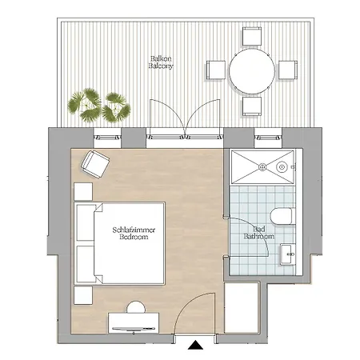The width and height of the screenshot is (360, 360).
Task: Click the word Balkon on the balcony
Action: pyautogui.click(x=161, y=58)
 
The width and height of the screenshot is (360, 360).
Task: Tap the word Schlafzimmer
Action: pyautogui.click(x=134, y=230)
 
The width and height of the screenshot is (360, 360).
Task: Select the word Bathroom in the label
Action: pyautogui.click(x=258, y=236)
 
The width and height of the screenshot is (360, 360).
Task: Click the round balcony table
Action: pyautogui.click(x=252, y=70)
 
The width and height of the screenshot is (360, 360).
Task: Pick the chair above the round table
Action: pyautogui.click(x=252, y=36)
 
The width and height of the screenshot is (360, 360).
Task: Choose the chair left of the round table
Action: pyautogui.click(x=216, y=70)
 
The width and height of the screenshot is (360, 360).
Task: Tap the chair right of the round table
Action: pyautogui.click(x=288, y=70)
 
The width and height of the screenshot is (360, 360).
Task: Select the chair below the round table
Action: pyautogui.click(x=252, y=106)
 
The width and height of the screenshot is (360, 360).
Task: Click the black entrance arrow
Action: pyautogui.click(x=195, y=345)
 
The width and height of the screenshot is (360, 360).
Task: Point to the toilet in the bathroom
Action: pyautogui.click(x=282, y=216)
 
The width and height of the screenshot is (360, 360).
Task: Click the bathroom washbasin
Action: pyautogui.click(x=287, y=254)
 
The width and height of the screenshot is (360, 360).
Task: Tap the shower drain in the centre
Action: pyautogui.click(x=262, y=167)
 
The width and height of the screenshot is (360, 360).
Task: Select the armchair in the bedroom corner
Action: pyautogui.click(x=95, y=164)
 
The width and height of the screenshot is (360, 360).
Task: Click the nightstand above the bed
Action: pyautogui.click(x=83, y=191)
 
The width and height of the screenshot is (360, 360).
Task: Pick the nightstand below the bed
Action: pyautogui.click(x=83, y=295)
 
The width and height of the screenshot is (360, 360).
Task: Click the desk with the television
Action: pyautogui.click(x=134, y=323)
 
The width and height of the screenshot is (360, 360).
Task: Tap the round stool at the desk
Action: pyautogui.click(x=136, y=307)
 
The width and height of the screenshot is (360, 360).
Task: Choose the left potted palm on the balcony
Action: pyautogui.click(x=85, y=105)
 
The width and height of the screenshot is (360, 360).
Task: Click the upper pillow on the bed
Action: pyautogui.click(x=86, y=222)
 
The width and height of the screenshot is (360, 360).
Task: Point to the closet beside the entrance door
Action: pyautogui.click(x=242, y=307)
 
